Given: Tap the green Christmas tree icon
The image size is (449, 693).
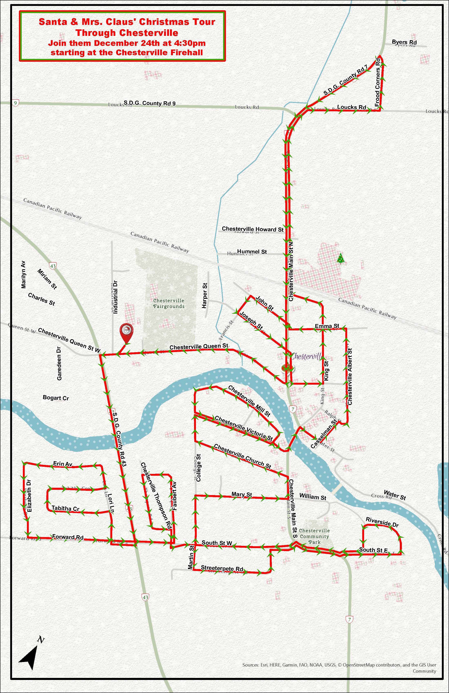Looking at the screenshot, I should (340, 258).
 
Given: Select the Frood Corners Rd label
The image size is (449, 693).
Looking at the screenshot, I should (378, 82).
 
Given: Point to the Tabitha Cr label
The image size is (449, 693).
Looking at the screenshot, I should (65, 508).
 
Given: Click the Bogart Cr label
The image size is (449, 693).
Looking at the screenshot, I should (56, 398).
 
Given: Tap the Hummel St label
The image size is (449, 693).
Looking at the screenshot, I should (252, 252).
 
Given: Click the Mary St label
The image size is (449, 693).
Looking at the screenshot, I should (242, 494).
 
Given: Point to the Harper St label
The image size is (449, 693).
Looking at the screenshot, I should (205, 296).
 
